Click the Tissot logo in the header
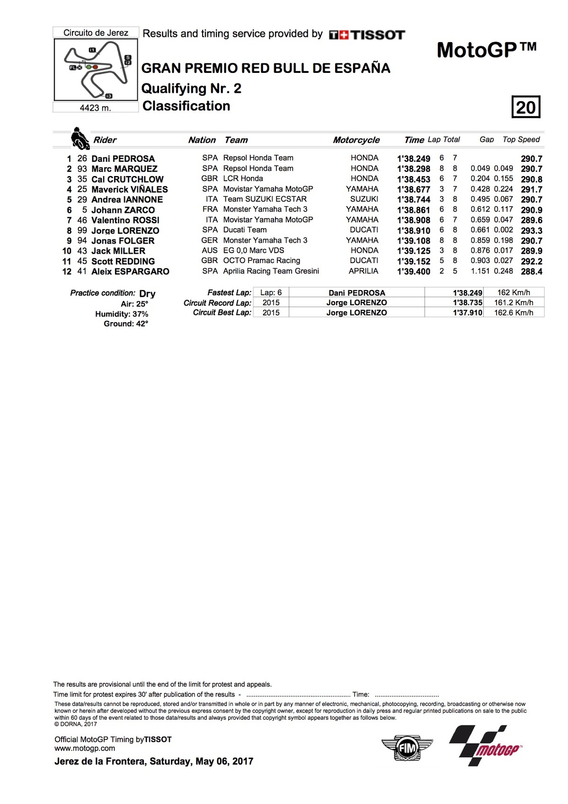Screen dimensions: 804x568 [367, 35]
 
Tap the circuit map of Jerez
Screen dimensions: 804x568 [96, 69]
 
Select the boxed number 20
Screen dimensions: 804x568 [525, 107]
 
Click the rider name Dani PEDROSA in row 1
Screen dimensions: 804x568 [123, 159]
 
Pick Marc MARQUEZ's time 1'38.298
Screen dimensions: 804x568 [413, 169]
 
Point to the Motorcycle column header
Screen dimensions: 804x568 [356, 140]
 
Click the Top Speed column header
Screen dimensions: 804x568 [521, 140]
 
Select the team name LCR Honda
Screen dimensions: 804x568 [243, 178]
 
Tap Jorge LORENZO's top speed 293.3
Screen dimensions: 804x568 [531, 230]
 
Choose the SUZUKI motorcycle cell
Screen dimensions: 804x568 [364, 199]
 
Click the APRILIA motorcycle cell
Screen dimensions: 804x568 [363, 271]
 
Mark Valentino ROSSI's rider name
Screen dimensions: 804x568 [125, 220]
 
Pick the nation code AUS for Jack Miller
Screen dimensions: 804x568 [209, 250]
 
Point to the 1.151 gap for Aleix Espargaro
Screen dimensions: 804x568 [480, 271]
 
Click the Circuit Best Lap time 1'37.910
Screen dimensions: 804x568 [467, 313]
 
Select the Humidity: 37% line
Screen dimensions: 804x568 [122, 314]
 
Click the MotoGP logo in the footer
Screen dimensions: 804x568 [486, 746]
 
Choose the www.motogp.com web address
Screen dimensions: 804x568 [85, 748]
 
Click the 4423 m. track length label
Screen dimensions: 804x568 [95, 108]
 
